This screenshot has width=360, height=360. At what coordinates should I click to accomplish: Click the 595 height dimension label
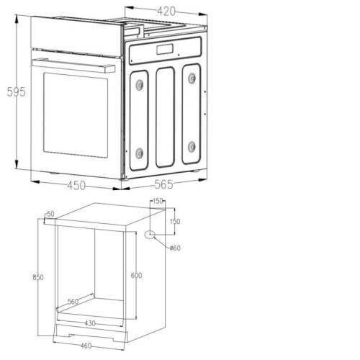point(16,91)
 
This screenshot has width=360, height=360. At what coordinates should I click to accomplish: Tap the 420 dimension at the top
point(166,11)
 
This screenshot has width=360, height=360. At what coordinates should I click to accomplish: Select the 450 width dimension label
point(76,186)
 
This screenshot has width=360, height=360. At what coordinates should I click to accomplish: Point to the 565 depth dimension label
point(163,184)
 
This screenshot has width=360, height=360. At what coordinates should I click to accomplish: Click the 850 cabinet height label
point(38,277)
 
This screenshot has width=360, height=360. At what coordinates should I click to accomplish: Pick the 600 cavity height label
point(136,275)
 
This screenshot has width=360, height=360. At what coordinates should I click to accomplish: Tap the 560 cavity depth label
point(73,302)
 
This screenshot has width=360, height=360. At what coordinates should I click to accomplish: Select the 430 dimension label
point(90,323)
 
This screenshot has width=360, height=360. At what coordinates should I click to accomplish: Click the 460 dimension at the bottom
point(86,346)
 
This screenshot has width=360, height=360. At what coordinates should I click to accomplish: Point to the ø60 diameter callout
point(175,248)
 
